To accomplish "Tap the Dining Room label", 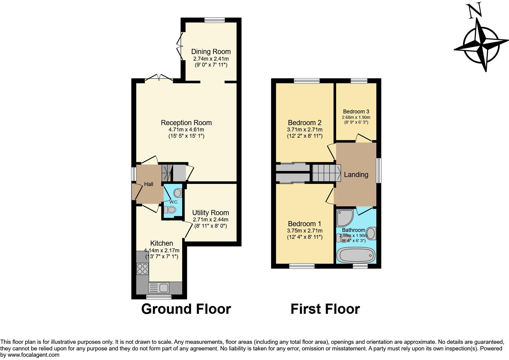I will [x=211, y=52].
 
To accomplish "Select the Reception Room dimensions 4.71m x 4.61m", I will [x=186, y=130].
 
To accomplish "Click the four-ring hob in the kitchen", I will [x=142, y=268].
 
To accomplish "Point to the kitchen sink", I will [x=159, y=288].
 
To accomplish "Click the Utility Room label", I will [x=210, y=213].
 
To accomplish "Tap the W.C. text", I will [x=174, y=202].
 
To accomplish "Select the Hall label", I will [x=149, y=184].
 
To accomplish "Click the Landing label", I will [x=356, y=175].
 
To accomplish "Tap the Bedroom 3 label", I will [x=356, y=112].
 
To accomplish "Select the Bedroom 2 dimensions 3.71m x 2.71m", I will [x=305, y=130].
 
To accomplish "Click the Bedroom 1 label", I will [x=304, y=224].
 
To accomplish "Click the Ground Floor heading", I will [x=186, y=309].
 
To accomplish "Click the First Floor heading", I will [x=325, y=309].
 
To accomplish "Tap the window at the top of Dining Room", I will [x=214, y=20].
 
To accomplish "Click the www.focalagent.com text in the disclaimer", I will [x=33, y=355].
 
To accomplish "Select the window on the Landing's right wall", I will [x=379, y=170].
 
